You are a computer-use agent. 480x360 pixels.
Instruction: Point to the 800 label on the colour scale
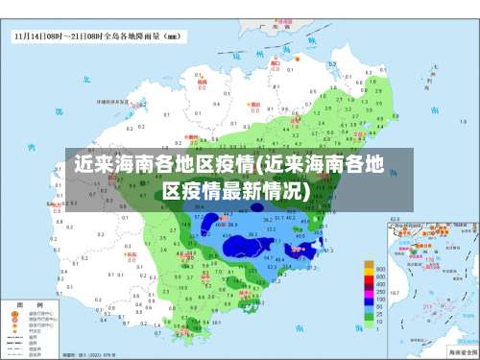(381, 270)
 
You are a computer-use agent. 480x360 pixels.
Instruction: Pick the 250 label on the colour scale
(381, 292)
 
